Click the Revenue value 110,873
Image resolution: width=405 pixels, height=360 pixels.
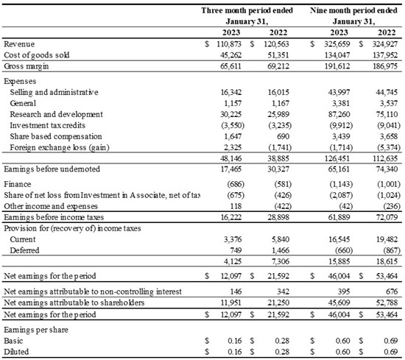click(229, 44)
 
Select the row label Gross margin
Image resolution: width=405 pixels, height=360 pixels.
click(27, 66)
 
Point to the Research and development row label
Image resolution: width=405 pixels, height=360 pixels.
click(56, 114)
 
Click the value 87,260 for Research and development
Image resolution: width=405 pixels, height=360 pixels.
click(339, 114)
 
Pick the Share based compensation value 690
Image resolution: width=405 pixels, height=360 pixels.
click(283, 137)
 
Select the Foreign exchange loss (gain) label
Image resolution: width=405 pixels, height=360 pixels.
click(60, 148)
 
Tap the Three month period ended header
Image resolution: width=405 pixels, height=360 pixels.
click(247, 10)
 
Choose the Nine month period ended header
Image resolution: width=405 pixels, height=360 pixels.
click(353, 10)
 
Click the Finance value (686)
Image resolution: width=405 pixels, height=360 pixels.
click(236, 184)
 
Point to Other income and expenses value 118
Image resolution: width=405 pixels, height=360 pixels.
click(236, 206)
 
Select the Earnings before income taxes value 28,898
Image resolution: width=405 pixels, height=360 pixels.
click(278, 217)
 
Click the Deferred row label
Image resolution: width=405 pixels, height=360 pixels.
click(24, 250)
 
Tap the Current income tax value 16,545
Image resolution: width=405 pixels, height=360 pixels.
click(339, 239)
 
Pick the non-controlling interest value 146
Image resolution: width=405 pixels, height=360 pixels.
click(236, 292)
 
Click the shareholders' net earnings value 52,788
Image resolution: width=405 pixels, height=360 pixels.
click(387, 303)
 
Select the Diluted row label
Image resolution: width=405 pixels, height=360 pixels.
click(16, 352)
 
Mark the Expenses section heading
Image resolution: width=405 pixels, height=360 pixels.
click(20, 82)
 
